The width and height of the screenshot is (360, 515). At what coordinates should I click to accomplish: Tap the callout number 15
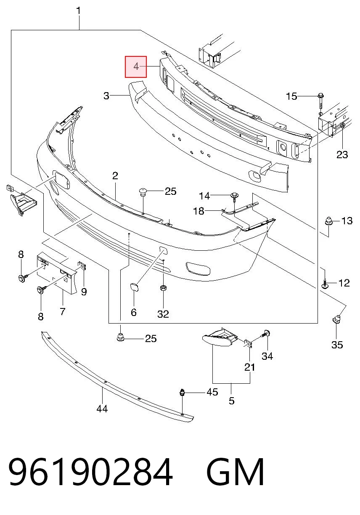click(x=291, y=96)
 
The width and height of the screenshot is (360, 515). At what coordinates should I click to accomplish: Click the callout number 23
click(x=342, y=154)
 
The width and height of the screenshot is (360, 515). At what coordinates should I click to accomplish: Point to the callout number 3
click(x=106, y=96)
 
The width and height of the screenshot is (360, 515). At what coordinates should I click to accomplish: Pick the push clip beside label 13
click(x=328, y=221)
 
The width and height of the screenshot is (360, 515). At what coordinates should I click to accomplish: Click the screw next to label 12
click(x=325, y=284)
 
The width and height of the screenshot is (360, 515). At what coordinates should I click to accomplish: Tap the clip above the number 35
click(x=336, y=320)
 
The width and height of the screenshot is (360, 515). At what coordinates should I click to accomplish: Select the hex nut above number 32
click(x=163, y=287)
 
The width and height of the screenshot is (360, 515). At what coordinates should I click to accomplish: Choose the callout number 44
click(x=102, y=409)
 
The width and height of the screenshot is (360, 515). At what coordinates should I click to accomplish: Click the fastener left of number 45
click(x=182, y=392)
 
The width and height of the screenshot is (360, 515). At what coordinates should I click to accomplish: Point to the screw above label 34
click(x=267, y=334)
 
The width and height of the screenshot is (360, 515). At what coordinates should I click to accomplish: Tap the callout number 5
click(x=232, y=400)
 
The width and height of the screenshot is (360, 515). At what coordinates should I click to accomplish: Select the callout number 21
click(x=249, y=367)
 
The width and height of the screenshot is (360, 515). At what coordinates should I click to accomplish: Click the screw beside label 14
click(x=234, y=197)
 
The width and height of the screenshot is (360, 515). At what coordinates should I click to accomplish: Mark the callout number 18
click(x=199, y=211)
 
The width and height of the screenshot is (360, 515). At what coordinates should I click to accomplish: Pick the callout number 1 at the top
click(x=79, y=11)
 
